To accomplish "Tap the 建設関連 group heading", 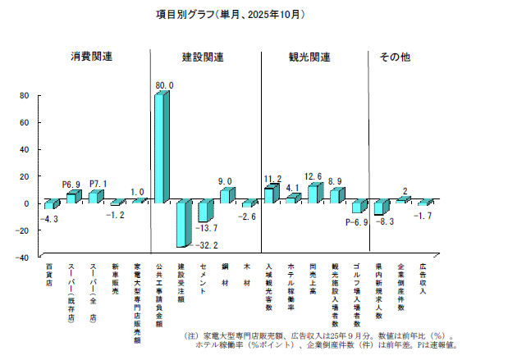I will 203,57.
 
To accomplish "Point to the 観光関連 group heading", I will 309,57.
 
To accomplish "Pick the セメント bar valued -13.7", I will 204,211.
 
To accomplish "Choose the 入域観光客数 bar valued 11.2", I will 270,194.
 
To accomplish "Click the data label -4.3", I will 50,220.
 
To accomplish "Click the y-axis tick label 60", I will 24,123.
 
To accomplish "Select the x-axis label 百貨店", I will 49,275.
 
